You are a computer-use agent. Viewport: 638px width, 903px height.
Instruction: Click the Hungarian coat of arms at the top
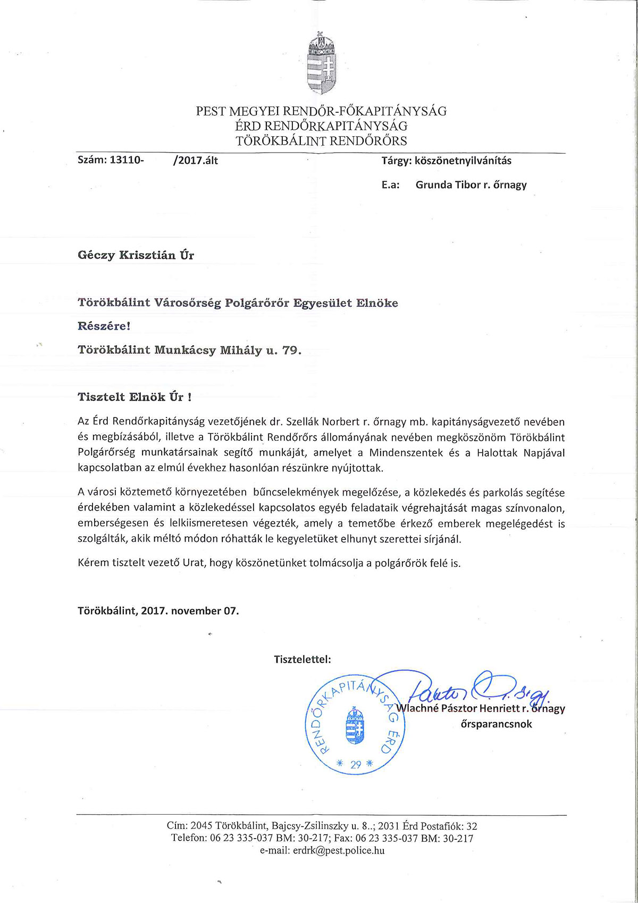[321, 63]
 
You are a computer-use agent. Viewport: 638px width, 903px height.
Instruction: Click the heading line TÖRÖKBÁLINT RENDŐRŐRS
[321, 141]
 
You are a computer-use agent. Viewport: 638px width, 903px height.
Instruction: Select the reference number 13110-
[127, 160]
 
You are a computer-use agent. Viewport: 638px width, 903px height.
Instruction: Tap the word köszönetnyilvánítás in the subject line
[463, 161]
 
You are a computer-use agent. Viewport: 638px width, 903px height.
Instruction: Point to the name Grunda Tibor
[448, 185]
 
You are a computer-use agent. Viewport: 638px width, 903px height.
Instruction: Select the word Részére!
[104, 326]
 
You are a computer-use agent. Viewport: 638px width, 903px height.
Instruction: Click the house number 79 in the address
[290, 350]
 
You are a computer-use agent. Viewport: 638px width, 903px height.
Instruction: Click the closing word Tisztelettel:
[303, 659]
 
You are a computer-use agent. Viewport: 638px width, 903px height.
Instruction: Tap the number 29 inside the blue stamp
[356, 765]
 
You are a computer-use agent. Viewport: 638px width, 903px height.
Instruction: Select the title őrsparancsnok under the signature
[496, 724]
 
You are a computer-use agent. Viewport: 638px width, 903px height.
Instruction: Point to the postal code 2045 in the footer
[202, 826]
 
